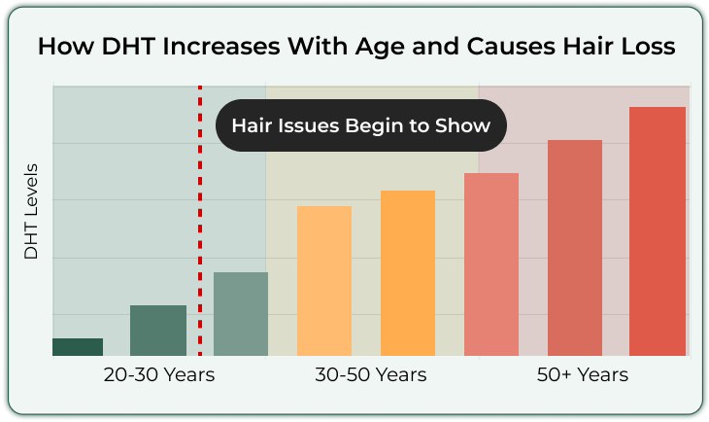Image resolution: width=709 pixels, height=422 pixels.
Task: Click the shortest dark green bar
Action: click(78, 347)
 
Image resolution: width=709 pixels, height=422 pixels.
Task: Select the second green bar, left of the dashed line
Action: click(158, 331)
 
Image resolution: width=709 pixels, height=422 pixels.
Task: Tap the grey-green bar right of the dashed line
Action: click(241, 314)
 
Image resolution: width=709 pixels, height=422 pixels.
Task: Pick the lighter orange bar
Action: click(324, 281)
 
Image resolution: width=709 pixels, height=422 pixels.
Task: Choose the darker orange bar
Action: click(408, 273)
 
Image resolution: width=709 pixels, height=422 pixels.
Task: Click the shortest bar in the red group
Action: click(491, 264)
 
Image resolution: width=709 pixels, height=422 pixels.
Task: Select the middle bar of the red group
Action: click(575, 248)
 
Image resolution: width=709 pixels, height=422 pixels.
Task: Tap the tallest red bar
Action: click(658, 231)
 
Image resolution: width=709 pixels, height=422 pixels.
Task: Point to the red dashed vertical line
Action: click(200, 221)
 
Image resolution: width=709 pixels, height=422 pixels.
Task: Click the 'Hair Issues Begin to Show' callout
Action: click(361, 125)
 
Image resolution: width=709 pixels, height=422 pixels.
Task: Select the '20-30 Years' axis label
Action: click(159, 375)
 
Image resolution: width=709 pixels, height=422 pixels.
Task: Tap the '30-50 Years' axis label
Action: click(371, 375)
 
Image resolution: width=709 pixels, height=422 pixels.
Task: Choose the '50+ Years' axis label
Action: click(583, 375)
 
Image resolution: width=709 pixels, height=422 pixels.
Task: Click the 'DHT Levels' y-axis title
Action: click(31, 211)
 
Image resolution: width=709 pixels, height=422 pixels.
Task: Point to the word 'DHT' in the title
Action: click(128, 46)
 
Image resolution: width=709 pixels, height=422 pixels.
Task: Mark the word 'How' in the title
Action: click(66, 46)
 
